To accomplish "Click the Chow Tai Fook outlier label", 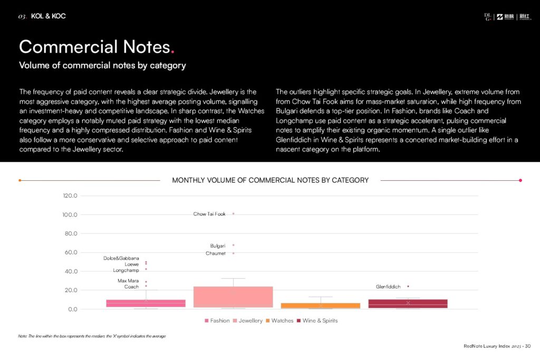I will pos(209,214).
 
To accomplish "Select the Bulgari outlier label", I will pos(218,246).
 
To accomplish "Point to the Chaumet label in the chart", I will pos(216,254).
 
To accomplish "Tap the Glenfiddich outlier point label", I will pos(388,287).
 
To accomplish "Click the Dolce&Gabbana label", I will pos(121,258).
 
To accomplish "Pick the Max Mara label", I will pos(128,281).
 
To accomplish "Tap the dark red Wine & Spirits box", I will pos(408,304).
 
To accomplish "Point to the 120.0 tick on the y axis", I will pos(70,196).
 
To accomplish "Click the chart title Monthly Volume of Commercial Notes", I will pos(270,180).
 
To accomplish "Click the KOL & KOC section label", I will pos(48,16).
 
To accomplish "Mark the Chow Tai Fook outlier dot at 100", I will pos(233,214).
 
